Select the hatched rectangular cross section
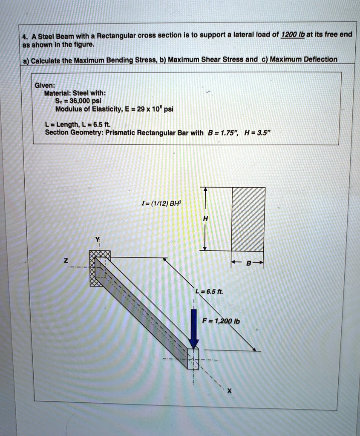[248, 219]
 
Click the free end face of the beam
[193, 357]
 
